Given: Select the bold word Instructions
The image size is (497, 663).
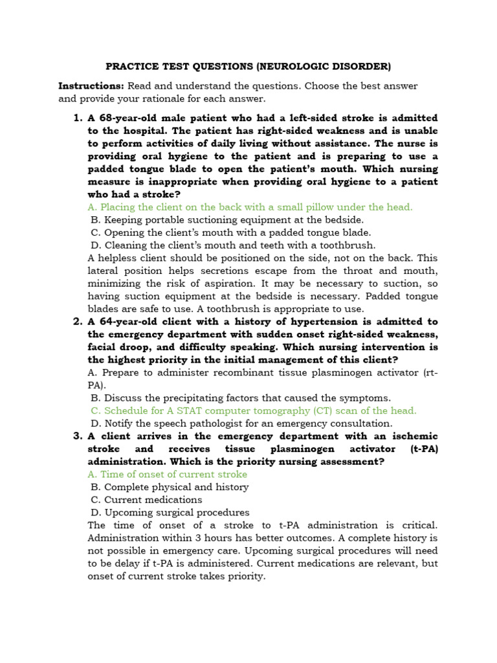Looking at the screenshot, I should [x=91, y=85].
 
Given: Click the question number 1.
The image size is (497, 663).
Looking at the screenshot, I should [x=76, y=117].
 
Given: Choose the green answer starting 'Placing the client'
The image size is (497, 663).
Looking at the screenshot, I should [x=250, y=207].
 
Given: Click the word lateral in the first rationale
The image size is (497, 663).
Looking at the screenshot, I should [x=104, y=271].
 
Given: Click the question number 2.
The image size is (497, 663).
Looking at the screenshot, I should [x=76, y=322].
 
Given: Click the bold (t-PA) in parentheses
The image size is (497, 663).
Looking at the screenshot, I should [x=424, y=449].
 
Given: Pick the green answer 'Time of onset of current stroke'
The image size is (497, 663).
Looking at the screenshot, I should [x=167, y=474].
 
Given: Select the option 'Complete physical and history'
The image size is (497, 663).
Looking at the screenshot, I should [x=170, y=487].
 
